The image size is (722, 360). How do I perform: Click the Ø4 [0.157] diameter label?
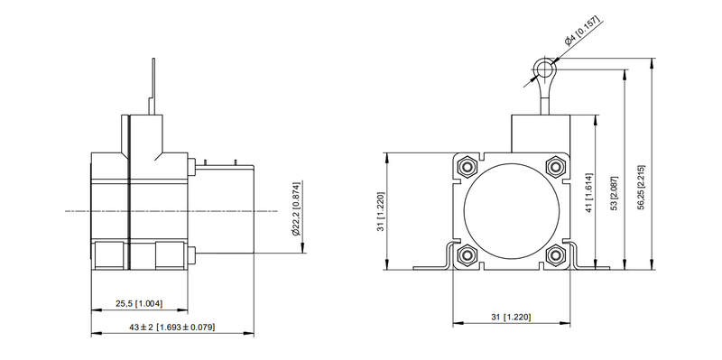(584, 32)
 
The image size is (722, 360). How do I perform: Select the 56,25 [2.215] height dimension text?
(642, 188)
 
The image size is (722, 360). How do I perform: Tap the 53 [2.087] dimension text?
(614, 192)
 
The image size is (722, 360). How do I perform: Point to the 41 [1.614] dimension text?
(588, 193)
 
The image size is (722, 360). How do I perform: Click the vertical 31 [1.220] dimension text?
(380, 211)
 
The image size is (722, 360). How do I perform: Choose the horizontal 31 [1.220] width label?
(511, 318)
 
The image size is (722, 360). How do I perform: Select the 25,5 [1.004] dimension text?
(139, 304)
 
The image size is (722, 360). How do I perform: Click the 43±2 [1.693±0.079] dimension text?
(171, 328)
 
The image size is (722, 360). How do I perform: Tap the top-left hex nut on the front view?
(467, 167)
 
